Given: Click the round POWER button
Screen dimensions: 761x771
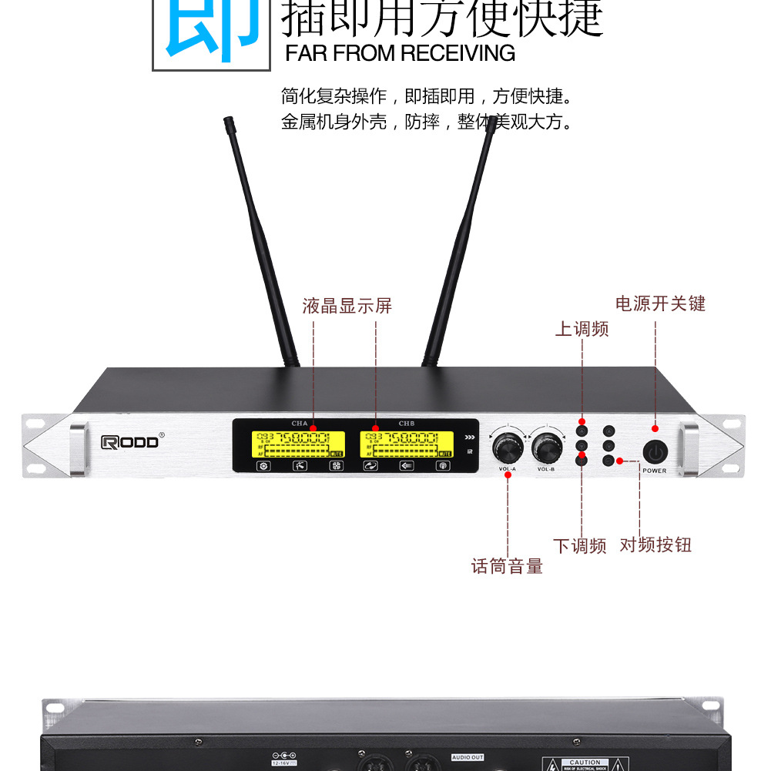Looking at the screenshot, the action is [654, 451].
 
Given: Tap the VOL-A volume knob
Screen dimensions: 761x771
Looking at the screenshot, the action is [507, 447].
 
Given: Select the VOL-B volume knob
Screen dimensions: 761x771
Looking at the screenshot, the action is [546, 447].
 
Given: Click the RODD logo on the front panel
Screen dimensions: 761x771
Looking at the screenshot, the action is [132, 441].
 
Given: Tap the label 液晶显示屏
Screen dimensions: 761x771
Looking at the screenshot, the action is [347, 306].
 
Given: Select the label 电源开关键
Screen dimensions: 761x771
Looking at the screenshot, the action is [660, 303].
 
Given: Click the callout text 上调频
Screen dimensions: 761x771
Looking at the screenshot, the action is [582, 329].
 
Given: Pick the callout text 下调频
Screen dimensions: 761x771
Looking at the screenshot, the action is [580, 546].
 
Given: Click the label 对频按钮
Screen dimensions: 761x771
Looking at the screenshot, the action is [655, 545].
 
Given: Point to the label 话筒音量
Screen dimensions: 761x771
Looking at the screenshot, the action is [507, 566].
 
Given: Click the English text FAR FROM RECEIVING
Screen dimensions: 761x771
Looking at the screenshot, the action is [400, 53].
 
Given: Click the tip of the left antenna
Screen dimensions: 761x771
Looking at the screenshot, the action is [228, 121].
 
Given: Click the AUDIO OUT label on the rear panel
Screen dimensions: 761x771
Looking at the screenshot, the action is [468, 757].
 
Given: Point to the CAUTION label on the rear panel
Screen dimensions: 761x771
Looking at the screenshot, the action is [585, 762].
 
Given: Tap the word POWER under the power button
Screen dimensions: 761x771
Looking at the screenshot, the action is [655, 471].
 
